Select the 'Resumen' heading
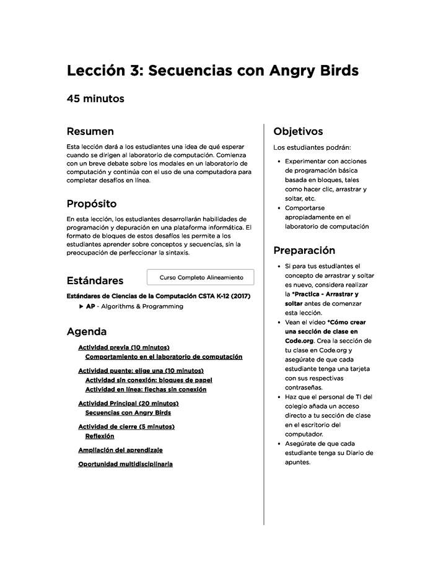[x=90, y=131]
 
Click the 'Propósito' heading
[x=91, y=204]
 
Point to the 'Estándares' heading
[x=95, y=280]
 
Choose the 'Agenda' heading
[x=86, y=332]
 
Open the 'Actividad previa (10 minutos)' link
[x=124, y=348]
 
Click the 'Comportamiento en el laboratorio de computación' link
[x=164, y=357]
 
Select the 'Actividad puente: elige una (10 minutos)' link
[x=141, y=371]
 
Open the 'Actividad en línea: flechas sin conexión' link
[x=146, y=389]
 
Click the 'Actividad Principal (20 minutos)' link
[x=128, y=404]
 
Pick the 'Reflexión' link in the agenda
[x=100, y=436]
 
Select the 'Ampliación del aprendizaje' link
[x=120, y=450]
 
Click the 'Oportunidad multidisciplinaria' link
[x=125, y=464]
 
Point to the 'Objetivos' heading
[x=298, y=131]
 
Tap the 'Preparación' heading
[x=304, y=251]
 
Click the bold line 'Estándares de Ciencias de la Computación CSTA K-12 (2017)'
[x=158, y=296]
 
